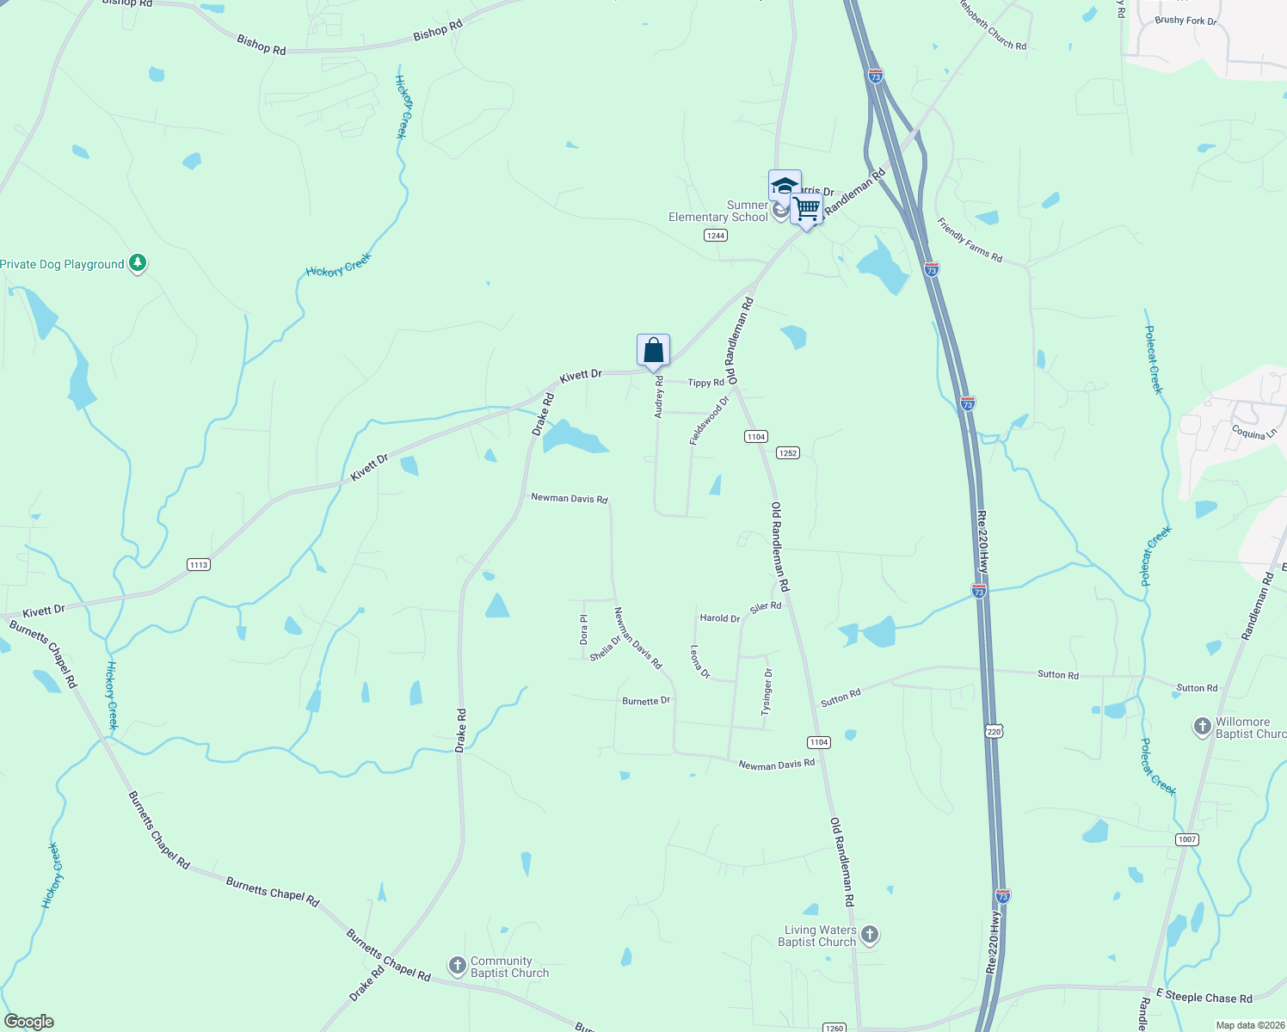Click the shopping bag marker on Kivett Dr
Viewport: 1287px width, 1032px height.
pyautogui.click(x=653, y=351)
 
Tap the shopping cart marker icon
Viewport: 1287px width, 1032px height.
pyautogui.click(x=806, y=209)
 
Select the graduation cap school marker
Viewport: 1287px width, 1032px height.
pyautogui.click(x=785, y=186)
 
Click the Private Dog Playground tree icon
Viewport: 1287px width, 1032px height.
pyautogui.click(x=138, y=263)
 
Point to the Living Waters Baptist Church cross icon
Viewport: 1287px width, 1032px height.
pyautogui.click(x=870, y=935)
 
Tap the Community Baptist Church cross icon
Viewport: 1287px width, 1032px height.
pyautogui.click(x=458, y=966)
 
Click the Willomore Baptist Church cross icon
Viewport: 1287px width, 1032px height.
pyautogui.click(x=1203, y=728)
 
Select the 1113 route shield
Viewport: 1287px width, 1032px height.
pyautogui.click(x=199, y=565)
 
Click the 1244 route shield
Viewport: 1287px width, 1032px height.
pyautogui.click(x=716, y=236)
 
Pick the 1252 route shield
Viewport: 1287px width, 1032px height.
pyautogui.click(x=788, y=453)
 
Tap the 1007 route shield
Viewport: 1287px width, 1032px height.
pyautogui.click(x=1187, y=839)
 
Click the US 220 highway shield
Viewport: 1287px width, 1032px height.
pyautogui.click(x=995, y=732)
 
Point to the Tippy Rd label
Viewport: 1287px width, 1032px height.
pyautogui.click(x=705, y=383)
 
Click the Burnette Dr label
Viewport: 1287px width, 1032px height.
pyautogui.click(x=646, y=701)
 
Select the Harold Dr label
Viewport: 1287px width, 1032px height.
pyautogui.click(x=719, y=618)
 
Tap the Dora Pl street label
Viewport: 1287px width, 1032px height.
pyautogui.click(x=584, y=630)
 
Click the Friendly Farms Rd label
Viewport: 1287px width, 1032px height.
pyautogui.click(x=970, y=241)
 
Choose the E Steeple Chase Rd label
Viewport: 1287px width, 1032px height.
pyautogui.click(x=1204, y=998)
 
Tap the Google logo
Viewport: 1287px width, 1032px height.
pyautogui.click(x=29, y=1022)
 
